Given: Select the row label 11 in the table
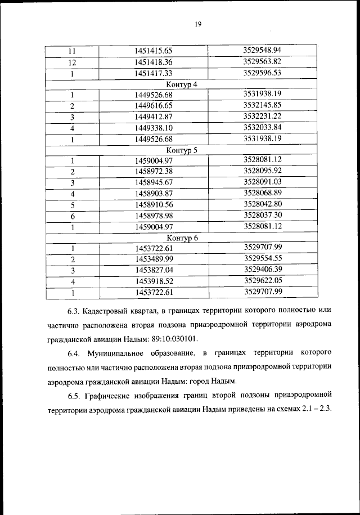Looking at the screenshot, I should [72, 52].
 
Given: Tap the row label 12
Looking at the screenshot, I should [72, 62].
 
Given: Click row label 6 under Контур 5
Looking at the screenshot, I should [72, 216].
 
